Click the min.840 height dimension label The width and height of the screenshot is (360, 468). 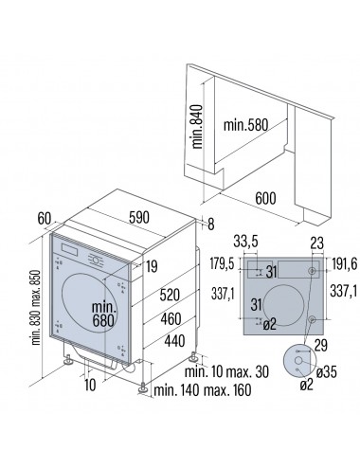197,127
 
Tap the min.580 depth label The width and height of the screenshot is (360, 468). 245,125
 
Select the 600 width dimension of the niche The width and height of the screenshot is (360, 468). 265,198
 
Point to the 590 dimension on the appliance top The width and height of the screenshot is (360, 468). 139,217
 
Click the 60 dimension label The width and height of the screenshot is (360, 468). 45,218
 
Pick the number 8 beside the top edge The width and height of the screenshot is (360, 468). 211,225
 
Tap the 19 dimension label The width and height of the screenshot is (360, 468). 152,266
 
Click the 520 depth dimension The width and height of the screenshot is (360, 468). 170,295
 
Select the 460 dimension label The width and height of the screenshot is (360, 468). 171,319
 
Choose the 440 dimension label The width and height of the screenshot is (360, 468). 174,341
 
